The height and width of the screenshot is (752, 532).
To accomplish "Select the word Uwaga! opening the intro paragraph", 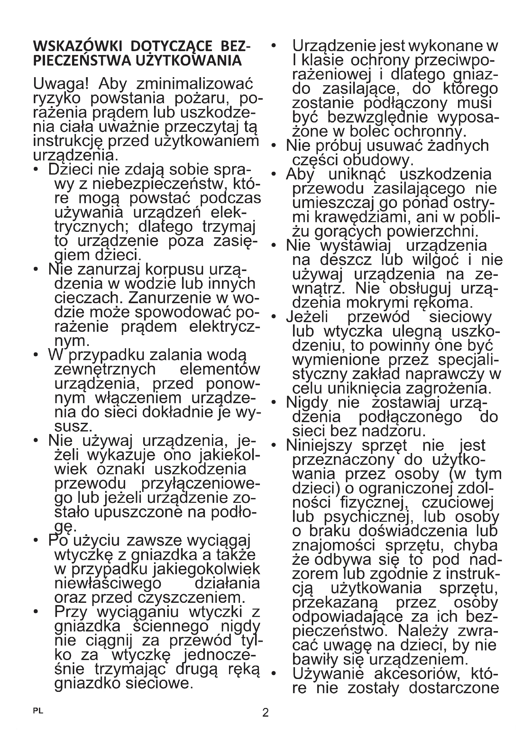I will click(61, 85).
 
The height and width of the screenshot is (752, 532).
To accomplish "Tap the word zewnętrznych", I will click(105, 369).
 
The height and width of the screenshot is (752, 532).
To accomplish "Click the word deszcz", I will click(346, 260).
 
